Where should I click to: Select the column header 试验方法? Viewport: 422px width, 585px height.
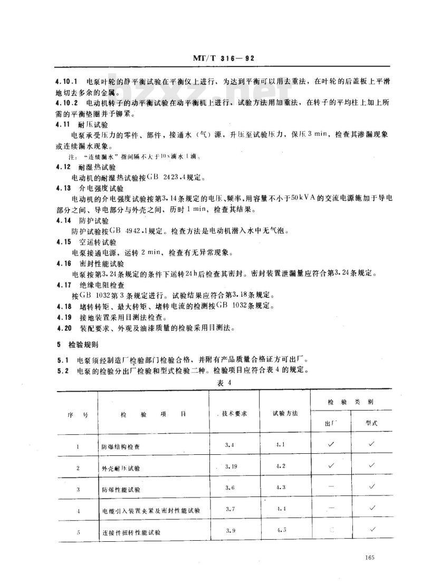pyautogui.click(x=285, y=413)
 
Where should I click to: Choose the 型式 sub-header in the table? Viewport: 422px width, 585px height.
pyautogui.click(x=371, y=423)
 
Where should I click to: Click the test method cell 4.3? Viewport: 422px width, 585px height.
pyautogui.click(x=281, y=487)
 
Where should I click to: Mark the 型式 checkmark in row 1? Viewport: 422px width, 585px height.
pyautogui.click(x=372, y=444)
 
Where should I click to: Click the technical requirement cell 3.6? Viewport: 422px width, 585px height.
pyautogui.click(x=229, y=488)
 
